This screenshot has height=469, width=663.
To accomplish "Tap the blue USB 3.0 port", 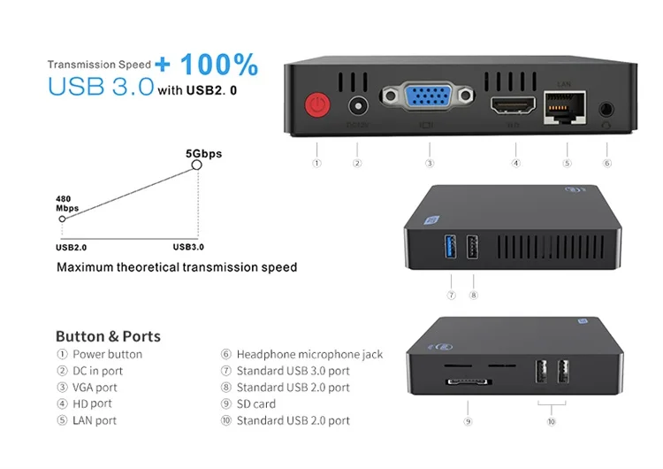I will tap(451, 243).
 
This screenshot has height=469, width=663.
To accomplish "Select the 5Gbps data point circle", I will tap(197, 164).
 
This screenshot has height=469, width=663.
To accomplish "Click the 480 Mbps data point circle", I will tap(62, 218).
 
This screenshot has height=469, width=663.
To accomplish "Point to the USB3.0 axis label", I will tap(188, 247).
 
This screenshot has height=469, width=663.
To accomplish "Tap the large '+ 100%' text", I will tap(206, 65).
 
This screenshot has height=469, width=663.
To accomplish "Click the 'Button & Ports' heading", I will tap(108, 336).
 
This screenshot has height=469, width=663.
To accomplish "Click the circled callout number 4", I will tap(515, 163).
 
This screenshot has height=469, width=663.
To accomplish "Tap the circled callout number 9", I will tap(468, 422).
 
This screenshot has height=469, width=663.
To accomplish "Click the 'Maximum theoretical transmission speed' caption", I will tap(177, 267).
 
